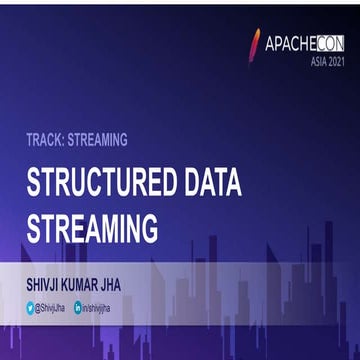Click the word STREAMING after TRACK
[x=100, y=140]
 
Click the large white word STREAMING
[x=92, y=227]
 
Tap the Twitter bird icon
[x=31, y=310]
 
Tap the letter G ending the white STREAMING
[x=148, y=227]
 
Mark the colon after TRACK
[x=67, y=140]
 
